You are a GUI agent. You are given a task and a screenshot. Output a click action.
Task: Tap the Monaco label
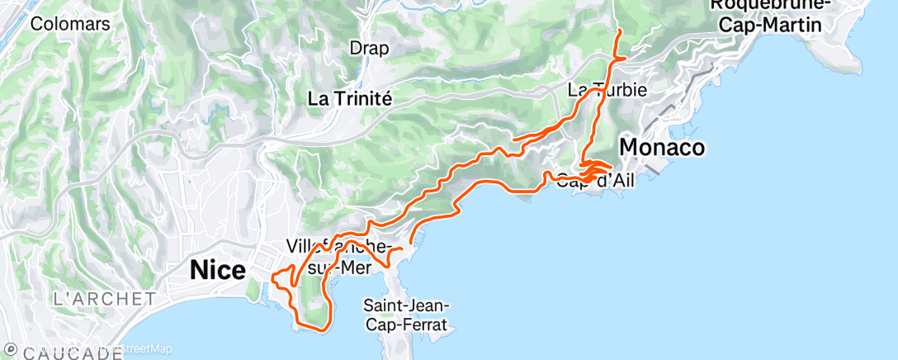click(662, 148)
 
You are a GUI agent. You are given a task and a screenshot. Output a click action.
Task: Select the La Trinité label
click(349, 97)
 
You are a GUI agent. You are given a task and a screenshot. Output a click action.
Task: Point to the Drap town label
click(369, 48)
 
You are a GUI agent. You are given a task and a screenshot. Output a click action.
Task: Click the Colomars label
click(70, 24)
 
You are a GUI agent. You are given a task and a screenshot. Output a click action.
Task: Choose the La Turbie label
click(607, 89)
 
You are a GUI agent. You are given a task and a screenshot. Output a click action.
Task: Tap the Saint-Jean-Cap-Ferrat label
click(404, 315)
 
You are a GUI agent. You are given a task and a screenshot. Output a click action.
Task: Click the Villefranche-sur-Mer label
click(338, 256)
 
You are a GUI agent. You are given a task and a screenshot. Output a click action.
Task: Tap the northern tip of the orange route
click(620, 30)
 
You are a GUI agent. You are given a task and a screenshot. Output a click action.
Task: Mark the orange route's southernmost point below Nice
click(318, 329)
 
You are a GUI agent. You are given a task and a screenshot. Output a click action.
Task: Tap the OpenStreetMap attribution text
click(124, 349)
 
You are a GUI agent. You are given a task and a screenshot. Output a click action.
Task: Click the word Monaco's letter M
click(629, 148)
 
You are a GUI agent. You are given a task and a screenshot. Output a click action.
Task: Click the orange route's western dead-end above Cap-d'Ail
click(513, 140)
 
